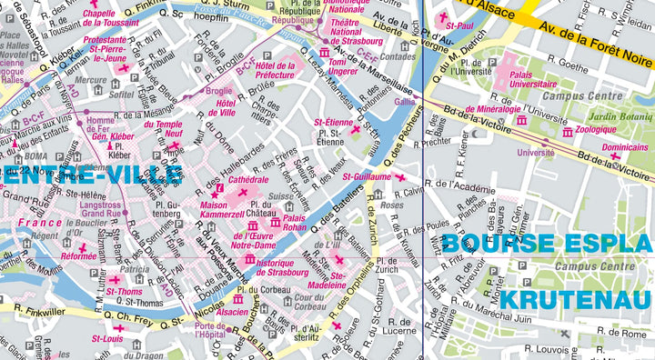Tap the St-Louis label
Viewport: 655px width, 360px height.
pyautogui.click(x=106, y=339)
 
